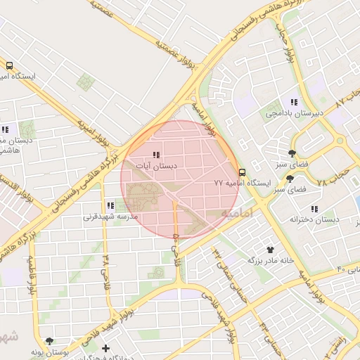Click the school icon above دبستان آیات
(x=156, y=155)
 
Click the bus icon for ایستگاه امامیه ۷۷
(x=243, y=172)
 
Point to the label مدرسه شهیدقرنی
(x=110, y=217)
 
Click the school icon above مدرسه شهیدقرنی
(x=110, y=205)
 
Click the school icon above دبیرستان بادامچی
(x=294, y=102)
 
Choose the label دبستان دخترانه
(x=314, y=219)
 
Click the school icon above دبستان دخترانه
(x=314, y=209)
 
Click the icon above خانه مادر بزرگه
(x=269, y=249)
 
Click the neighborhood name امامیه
(x=236, y=212)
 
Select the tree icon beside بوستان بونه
(x=49, y=340)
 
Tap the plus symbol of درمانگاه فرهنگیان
(x=105, y=348)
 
